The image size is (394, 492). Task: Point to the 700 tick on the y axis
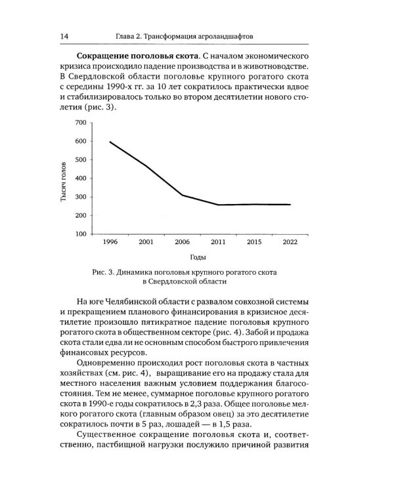(x=80, y=123)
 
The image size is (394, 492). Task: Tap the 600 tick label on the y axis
(x=80, y=141)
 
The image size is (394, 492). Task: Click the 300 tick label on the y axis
(x=80, y=197)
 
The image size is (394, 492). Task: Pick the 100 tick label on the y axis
(x=80, y=234)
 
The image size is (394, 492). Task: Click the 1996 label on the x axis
(x=110, y=243)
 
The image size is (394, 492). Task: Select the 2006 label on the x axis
(x=182, y=243)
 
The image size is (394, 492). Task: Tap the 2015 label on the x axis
(x=254, y=243)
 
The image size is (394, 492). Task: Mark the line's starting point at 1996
(x=110, y=142)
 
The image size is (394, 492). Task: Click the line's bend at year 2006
(x=182, y=195)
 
